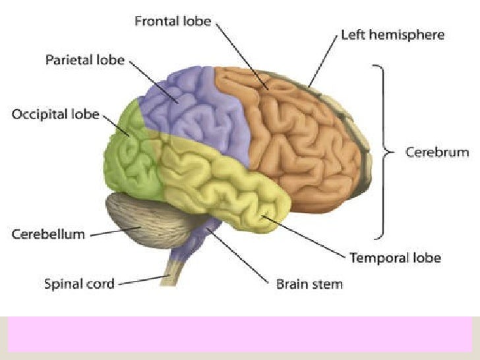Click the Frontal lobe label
173,21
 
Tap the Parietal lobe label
84,60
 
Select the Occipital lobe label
55,115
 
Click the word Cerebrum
436,152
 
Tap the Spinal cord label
79,285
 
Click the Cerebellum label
48,234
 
